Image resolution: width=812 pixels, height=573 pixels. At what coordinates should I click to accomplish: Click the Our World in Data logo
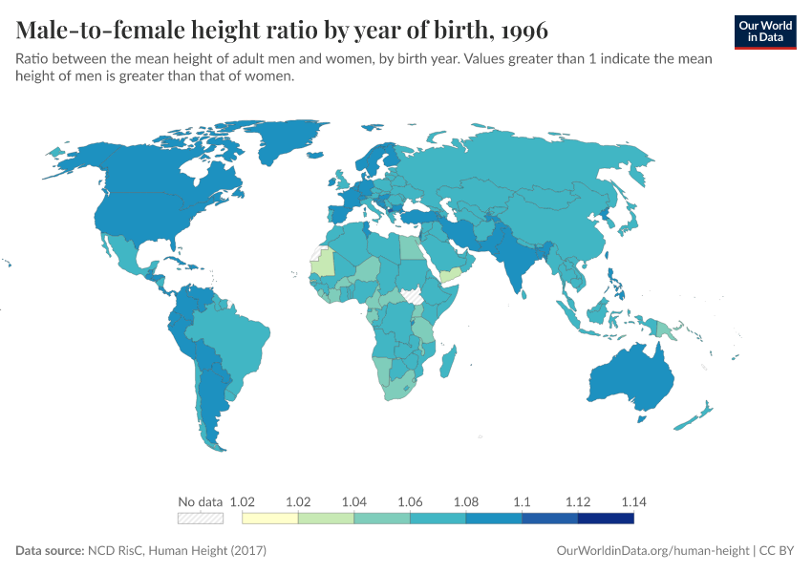pos(764,32)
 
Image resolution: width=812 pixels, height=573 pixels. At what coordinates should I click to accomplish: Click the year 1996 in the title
pos(521,31)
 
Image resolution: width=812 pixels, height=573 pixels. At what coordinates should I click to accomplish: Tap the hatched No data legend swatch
pos(201,519)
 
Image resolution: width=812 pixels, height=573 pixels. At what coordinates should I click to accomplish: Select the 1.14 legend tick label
pos(632,501)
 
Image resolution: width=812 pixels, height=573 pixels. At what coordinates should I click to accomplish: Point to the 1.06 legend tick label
pos(410,501)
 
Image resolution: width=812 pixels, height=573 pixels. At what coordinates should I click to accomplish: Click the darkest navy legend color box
pos(606,519)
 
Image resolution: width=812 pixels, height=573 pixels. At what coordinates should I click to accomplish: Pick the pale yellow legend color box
pos(270,519)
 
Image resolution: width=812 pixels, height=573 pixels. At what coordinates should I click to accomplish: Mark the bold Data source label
pos(50,551)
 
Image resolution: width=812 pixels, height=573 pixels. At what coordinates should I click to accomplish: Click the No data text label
pos(201,501)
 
